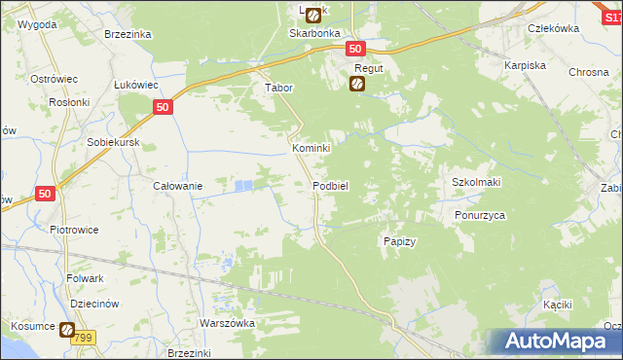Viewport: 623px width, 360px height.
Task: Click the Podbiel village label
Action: tap(331, 185)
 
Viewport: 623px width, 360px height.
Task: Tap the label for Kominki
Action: tap(312, 148)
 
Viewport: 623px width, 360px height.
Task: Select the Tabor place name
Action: tap(279, 87)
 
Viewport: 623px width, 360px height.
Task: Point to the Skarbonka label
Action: tap(311, 32)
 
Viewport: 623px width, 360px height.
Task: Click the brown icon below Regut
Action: tap(357, 85)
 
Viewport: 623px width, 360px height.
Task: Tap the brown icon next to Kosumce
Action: tap(67, 330)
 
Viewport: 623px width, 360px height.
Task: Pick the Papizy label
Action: tap(400, 241)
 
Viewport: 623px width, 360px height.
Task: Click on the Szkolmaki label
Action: tap(476, 182)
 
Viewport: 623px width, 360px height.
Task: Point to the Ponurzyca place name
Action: tap(480, 216)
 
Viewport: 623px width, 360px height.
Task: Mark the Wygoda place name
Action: tap(36, 21)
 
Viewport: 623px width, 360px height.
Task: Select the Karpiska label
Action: tap(524, 65)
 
